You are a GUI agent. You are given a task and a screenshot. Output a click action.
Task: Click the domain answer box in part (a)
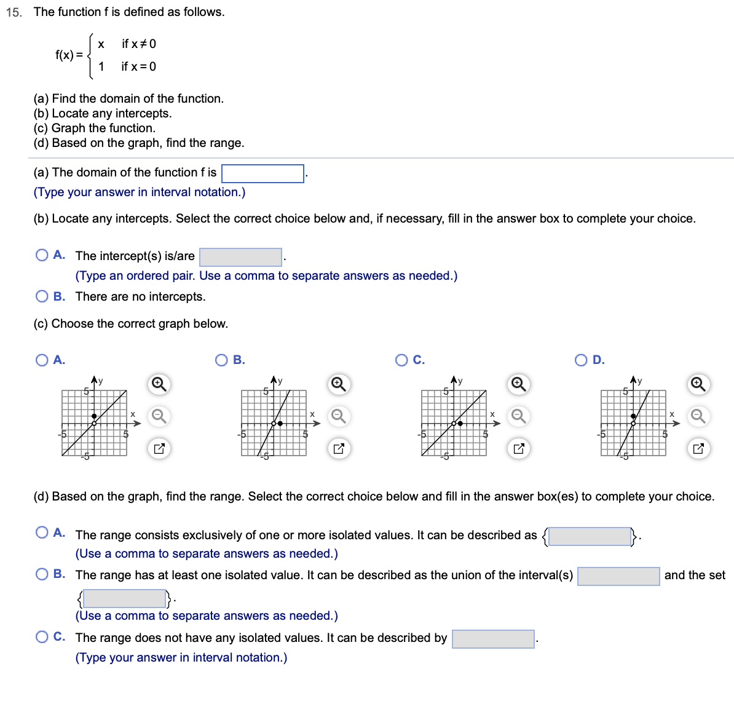(x=262, y=173)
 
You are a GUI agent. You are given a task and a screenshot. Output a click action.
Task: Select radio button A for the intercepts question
(x=42, y=255)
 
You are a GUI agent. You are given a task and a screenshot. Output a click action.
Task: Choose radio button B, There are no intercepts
(x=42, y=296)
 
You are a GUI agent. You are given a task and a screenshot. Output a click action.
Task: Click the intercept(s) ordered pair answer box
(x=240, y=257)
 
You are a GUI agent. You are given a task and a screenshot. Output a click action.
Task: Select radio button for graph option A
(x=42, y=360)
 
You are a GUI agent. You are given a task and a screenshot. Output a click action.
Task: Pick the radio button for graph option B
(x=221, y=360)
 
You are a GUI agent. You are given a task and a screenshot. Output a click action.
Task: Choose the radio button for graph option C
(x=401, y=360)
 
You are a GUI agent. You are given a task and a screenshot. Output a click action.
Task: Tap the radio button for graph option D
(x=581, y=360)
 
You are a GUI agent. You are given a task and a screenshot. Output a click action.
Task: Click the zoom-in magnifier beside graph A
(x=159, y=384)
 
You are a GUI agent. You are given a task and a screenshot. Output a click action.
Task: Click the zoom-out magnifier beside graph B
(x=338, y=416)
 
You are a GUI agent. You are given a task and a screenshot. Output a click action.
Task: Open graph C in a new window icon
(x=518, y=448)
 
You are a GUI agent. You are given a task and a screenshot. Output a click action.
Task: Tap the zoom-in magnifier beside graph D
(x=698, y=384)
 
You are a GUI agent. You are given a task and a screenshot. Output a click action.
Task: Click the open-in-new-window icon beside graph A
(x=159, y=448)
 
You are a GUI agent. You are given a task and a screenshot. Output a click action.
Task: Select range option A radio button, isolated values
(x=42, y=532)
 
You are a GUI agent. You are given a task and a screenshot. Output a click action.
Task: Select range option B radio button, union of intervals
(x=42, y=574)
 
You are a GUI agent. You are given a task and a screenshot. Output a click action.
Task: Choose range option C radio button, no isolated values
(x=42, y=637)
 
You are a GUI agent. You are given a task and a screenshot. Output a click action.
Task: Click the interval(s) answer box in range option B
(x=618, y=576)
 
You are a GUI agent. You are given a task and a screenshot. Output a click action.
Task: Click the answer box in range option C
(x=493, y=639)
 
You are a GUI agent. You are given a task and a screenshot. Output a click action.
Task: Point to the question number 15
(x=14, y=12)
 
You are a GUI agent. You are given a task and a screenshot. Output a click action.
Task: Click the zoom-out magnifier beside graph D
(x=698, y=416)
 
